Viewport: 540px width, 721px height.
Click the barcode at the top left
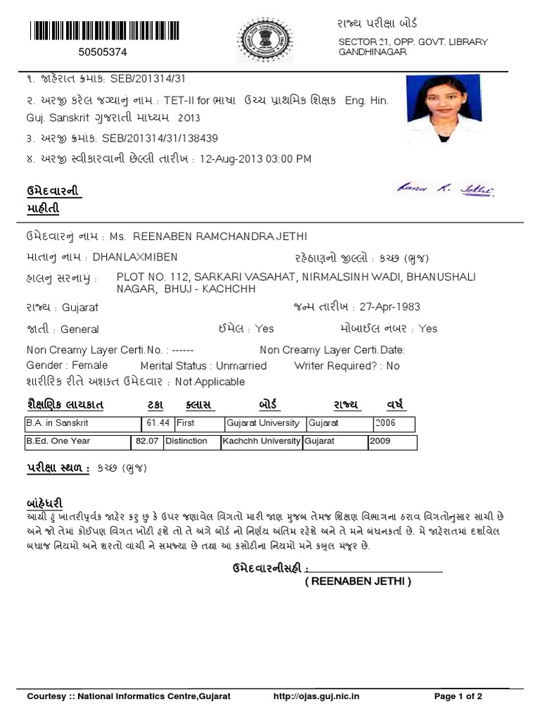tap(104, 32)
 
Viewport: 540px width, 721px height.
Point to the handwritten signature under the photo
tap(445, 189)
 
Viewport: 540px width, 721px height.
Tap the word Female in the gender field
tap(89, 365)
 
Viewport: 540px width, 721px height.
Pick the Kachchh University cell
tap(261, 441)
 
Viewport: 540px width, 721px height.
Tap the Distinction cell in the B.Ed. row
tap(186, 441)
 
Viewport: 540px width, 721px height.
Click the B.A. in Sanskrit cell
tap(57, 423)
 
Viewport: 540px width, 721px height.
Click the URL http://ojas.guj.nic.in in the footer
tap(316, 696)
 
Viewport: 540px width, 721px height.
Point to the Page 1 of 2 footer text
tap(458, 696)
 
